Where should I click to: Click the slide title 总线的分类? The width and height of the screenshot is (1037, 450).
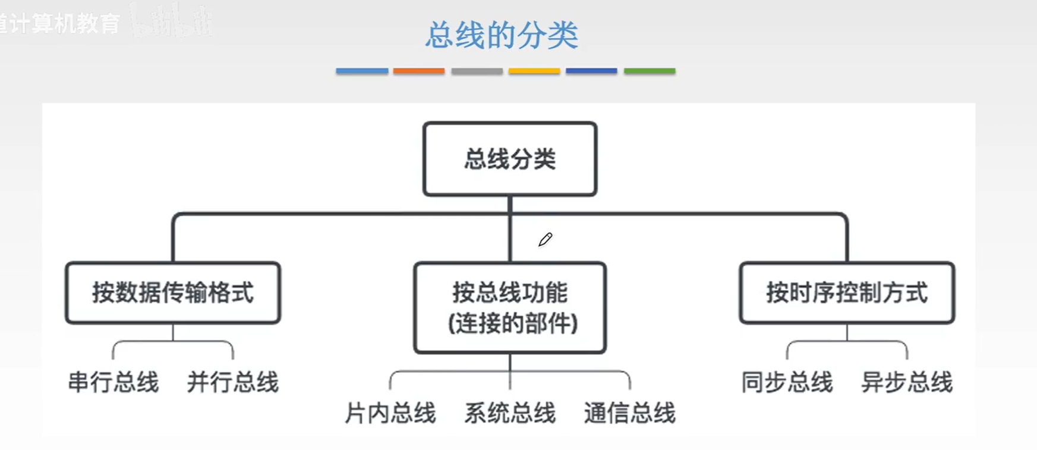point(502,35)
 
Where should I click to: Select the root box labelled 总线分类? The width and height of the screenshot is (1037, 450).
point(510,159)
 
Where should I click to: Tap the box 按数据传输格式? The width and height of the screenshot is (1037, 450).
point(173,293)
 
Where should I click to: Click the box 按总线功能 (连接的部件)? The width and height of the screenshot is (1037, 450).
point(510,308)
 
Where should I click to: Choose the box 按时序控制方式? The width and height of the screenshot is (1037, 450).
point(847,293)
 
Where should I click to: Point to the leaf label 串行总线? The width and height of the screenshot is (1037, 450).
point(114,382)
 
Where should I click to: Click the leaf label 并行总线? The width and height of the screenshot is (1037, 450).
point(233,382)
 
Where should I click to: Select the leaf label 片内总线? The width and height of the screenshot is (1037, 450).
point(390,413)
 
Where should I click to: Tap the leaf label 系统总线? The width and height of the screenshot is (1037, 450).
point(510,413)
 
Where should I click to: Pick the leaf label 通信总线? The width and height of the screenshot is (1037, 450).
point(629,413)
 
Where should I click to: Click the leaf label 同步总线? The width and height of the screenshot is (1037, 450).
point(787,382)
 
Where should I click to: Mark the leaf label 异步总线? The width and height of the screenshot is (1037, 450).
point(907,382)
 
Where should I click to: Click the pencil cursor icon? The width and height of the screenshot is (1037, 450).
point(545,240)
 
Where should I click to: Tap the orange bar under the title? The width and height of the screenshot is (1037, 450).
point(419,71)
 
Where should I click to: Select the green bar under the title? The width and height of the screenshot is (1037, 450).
point(650,71)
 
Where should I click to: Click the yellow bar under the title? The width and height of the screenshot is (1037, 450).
point(534,71)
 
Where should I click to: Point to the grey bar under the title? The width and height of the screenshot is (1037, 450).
point(477,71)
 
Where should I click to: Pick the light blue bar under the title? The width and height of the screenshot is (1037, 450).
point(362,71)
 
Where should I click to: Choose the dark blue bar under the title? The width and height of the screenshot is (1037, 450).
point(591,71)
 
